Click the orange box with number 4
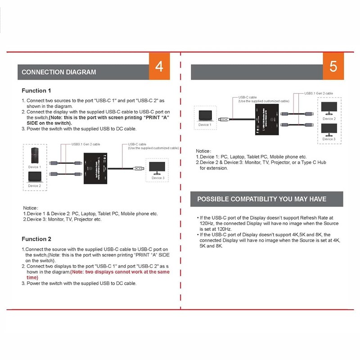click(159, 67)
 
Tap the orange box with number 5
click(333, 67)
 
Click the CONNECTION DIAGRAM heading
click(58, 72)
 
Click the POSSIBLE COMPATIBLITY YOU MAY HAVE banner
click(262, 199)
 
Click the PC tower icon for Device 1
click(34, 155)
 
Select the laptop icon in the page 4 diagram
click(34, 178)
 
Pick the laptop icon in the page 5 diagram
click(204, 115)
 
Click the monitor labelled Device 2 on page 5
click(328, 109)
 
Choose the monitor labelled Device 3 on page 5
click(328, 130)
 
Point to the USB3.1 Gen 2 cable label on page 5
click(319, 93)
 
